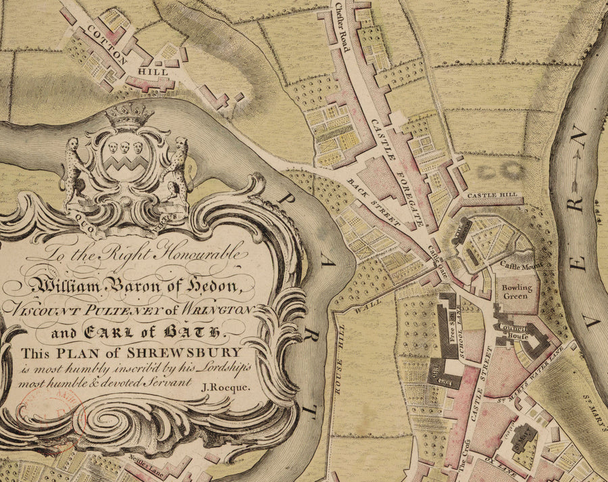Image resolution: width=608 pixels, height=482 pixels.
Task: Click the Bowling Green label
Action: coord(517,292)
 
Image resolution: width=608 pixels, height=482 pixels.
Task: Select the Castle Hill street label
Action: coord(496,195)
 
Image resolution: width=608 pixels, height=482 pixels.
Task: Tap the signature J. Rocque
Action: coord(226,387)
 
